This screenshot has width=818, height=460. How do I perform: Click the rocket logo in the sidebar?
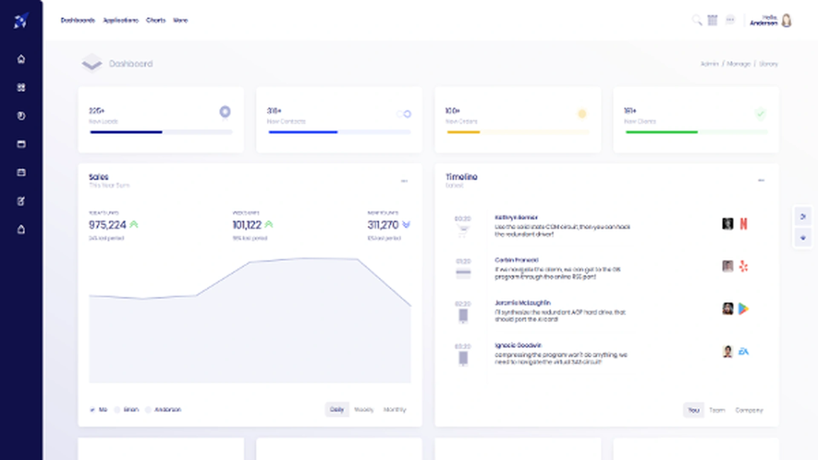[21, 20]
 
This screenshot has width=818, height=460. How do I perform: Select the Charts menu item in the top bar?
[156, 20]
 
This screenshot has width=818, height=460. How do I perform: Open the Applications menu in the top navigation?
[121, 20]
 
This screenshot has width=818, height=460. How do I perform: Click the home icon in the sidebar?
[21, 59]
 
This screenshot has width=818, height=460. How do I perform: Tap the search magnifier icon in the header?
[697, 20]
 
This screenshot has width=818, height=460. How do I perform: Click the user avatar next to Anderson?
[786, 20]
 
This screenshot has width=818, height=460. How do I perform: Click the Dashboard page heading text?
[130, 63]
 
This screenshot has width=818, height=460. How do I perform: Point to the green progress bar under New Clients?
[661, 132]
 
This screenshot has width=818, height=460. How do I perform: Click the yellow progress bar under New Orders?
[463, 132]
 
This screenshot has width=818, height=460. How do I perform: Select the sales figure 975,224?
[107, 224]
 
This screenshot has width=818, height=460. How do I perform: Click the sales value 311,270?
[383, 224]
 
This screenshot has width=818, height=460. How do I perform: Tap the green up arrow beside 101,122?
[269, 224]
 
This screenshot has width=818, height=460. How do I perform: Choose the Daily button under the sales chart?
[337, 409]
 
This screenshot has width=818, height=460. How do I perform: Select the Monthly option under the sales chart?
[395, 409]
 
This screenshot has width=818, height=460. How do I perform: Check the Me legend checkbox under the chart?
[92, 410]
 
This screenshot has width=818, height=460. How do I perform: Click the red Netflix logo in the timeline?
[743, 224]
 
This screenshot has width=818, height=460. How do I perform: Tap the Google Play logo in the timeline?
[743, 309]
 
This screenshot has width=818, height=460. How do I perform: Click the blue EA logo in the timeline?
[743, 351]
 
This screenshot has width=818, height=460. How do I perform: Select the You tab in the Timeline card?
[694, 410]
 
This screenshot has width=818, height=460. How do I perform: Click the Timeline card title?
[461, 177]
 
